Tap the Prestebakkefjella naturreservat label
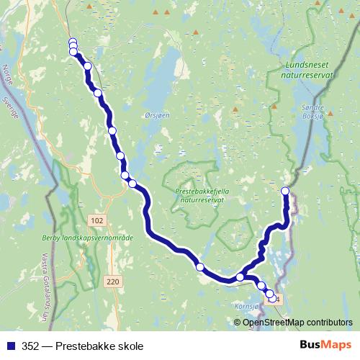(x=199, y=195)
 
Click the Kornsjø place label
(x=247, y=306)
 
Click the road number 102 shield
(x=99, y=219)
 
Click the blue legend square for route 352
(x=9, y=346)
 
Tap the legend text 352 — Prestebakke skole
(x=82, y=346)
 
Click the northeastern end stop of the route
(x=285, y=191)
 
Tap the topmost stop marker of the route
(x=73, y=41)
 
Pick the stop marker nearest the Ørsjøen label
(x=113, y=130)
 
